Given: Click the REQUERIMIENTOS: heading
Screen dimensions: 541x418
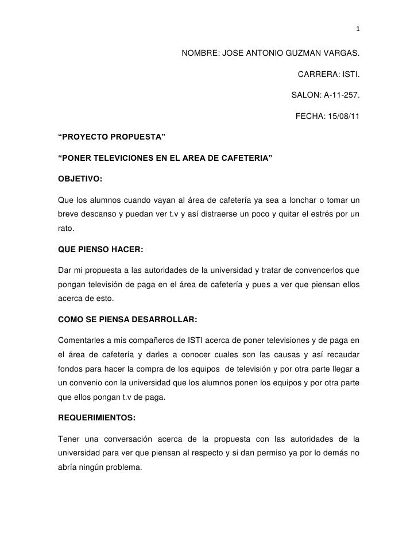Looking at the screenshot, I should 94,418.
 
